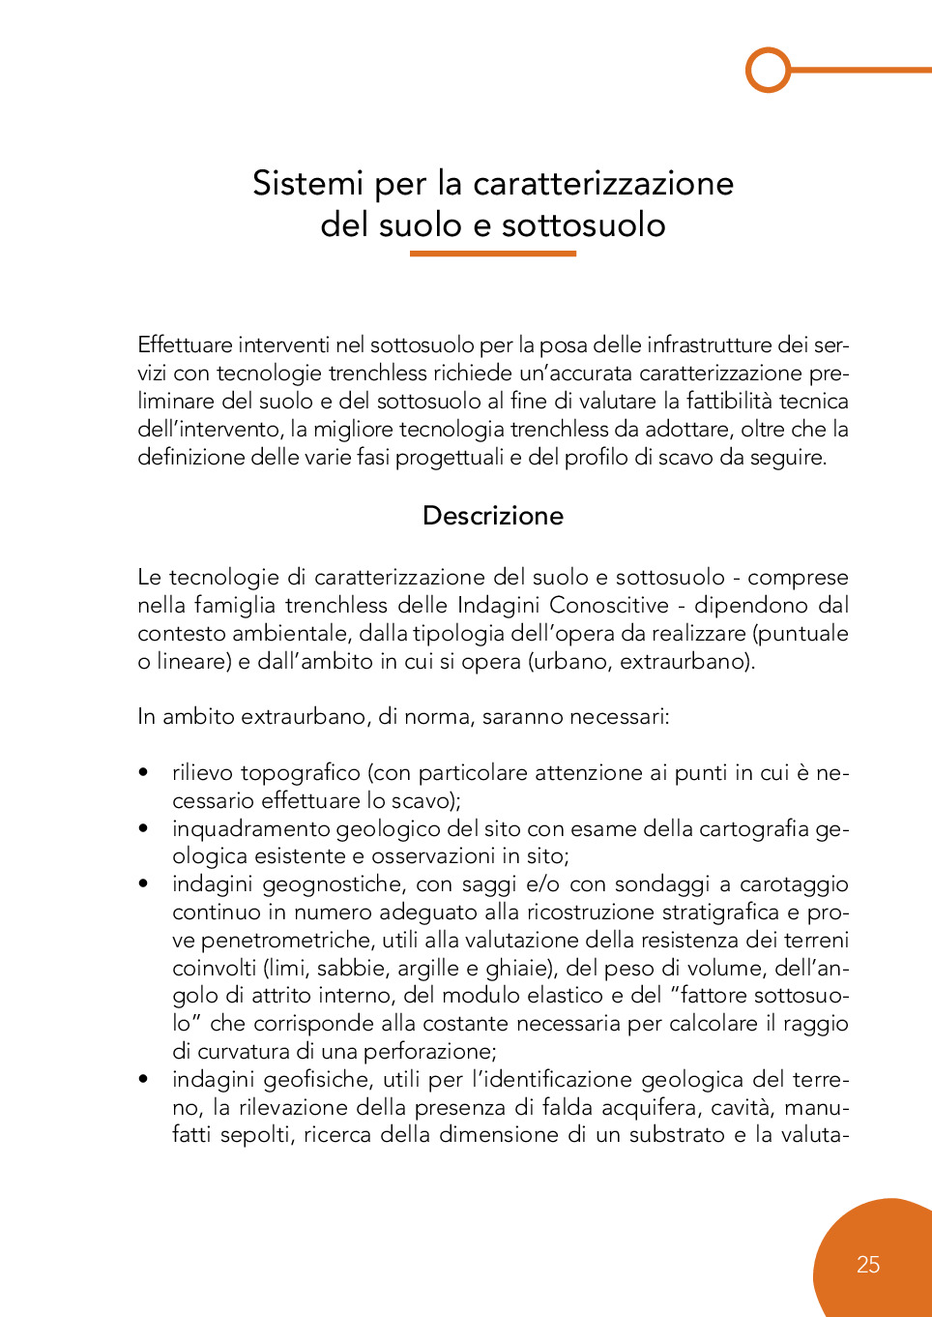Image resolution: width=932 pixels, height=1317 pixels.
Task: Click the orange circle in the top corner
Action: coord(769,70)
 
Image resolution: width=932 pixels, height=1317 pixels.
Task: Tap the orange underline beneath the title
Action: coord(492,254)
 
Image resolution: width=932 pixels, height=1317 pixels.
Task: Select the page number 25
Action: coord(867,1265)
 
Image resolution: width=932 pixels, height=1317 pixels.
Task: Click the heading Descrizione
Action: coord(492,516)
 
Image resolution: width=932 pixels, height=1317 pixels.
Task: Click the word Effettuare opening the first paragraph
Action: coord(185,345)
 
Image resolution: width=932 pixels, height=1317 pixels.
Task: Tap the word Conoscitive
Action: coord(609,606)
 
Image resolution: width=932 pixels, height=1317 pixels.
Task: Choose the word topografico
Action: coord(300,773)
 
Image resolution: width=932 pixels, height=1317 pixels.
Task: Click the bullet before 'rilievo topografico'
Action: coord(144,772)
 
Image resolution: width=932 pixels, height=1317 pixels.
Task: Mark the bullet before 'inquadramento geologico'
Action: coord(144,828)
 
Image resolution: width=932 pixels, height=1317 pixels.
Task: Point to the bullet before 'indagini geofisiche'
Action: coord(144,1079)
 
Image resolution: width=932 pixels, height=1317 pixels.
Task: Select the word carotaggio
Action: coord(794,884)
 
